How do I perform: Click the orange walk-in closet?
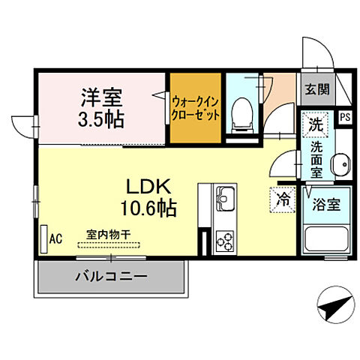(195, 107)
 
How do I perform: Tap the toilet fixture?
(241, 112)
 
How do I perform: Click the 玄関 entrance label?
(316, 90)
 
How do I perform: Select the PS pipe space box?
(345, 117)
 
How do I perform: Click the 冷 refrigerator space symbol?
(284, 199)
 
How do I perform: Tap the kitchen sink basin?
(226, 200)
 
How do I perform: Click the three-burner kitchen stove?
(225, 239)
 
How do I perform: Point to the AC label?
(55, 238)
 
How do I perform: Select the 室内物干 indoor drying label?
(109, 234)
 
